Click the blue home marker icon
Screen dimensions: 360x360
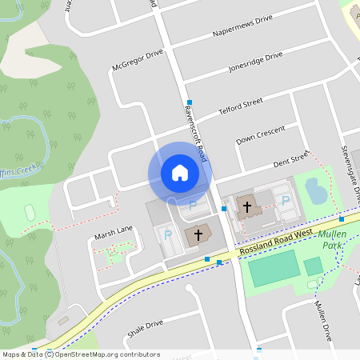(x=179, y=173)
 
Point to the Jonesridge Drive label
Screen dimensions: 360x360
(x=255, y=62)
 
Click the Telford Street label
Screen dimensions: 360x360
(x=241, y=106)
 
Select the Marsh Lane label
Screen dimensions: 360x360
(x=113, y=230)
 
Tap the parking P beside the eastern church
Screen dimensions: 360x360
(x=286, y=201)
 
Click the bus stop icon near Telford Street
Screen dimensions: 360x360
(x=189, y=102)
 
